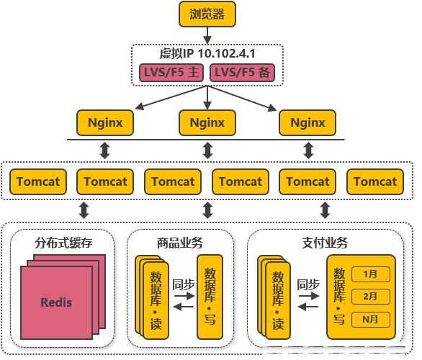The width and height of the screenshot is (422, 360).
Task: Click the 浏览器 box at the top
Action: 207,14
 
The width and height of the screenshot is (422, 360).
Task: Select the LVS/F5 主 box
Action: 171,73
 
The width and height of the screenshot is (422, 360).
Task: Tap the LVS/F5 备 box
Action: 242,73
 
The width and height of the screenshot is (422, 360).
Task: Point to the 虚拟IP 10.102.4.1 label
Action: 207,53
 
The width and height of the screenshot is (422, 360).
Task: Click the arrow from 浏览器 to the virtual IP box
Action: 207,35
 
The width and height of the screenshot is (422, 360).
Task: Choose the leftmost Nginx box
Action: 105,122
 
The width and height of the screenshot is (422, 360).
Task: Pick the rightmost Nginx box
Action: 307,122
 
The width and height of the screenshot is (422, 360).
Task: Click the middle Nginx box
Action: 207,122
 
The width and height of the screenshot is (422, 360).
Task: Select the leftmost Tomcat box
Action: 38,182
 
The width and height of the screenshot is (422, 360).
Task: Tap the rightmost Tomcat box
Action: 375,182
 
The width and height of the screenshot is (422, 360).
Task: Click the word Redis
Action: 56,302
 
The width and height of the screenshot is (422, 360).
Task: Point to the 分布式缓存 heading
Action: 63,243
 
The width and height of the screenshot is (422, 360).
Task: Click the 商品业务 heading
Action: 180,243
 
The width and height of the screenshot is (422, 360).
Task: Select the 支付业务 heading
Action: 325,243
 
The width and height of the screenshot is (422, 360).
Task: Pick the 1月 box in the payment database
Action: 371,274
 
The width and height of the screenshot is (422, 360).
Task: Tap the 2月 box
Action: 371,297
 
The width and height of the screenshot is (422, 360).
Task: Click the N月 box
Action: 371,320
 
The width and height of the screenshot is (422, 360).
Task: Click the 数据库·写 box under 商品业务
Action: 210,297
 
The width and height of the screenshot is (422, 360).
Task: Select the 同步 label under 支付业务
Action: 308,284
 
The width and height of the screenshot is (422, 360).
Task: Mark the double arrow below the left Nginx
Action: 104,150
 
